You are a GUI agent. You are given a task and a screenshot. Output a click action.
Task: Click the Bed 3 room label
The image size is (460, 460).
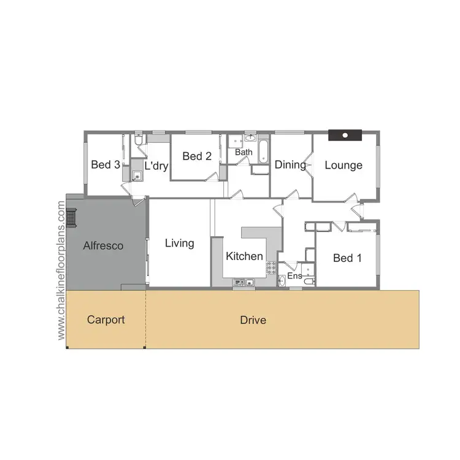coord(105,164)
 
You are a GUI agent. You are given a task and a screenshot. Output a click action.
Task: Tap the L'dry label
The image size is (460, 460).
coord(156,166)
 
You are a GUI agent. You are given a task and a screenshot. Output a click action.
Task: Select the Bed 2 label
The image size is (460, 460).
coord(197,156)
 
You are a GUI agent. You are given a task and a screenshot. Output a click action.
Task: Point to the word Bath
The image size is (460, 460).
coord(244,152)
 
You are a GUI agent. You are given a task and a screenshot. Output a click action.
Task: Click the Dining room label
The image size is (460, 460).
coord(290,164)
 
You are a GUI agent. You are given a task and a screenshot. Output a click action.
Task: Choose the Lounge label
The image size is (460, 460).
coord(343,165)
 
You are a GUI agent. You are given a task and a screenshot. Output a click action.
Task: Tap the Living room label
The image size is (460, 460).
coord(180,243)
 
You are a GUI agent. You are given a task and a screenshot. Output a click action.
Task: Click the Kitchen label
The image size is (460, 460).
coord(244,256)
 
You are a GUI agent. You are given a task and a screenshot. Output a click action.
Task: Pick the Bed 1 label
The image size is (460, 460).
coord(347,258)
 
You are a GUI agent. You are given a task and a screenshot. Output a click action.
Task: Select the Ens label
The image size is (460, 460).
coord(295,276)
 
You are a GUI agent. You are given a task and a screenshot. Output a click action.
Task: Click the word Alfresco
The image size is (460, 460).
coord(103,246)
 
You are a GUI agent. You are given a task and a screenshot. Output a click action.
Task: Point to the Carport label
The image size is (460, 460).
coord(105,320)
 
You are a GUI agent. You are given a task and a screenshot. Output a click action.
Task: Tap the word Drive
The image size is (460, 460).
coord(253,320)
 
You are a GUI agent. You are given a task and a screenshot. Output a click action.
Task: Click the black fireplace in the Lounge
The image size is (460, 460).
coord(345,136)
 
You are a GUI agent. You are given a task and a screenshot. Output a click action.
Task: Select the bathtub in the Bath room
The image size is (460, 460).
coord(263,151)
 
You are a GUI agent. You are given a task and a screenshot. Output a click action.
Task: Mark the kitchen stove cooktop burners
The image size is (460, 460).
coord(270,267)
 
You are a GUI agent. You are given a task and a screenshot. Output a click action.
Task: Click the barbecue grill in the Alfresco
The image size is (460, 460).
coord(72,218)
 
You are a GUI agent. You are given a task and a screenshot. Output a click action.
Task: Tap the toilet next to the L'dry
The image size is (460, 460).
coord(139,142)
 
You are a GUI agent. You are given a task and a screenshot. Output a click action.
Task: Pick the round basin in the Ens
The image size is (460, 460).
coord(282,281)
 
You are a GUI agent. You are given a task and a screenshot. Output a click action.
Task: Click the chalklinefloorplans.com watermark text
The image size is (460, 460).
coord(61,271)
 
